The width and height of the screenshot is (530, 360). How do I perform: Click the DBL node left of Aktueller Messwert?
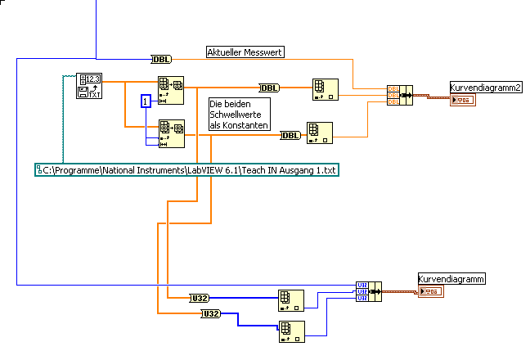(x=160, y=59)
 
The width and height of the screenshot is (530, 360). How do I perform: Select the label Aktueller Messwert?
(x=245, y=52)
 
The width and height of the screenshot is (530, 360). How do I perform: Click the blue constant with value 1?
(x=146, y=101)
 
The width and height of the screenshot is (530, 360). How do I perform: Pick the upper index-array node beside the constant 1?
(x=171, y=90)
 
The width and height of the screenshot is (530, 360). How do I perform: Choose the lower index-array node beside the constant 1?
(x=171, y=133)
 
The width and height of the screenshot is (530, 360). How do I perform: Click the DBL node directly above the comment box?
(x=268, y=88)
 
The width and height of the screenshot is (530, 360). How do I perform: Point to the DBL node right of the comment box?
(x=290, y=135)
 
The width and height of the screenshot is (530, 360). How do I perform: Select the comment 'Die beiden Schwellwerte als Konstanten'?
(x=238, y=115)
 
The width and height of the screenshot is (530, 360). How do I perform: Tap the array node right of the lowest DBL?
(x=319, y=133)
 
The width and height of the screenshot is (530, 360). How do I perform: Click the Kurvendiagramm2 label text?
(x=486, y=86)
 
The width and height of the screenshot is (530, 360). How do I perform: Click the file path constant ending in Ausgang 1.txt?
(x=187, y=169)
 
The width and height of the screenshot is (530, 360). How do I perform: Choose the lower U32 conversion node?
(x=210, y=314)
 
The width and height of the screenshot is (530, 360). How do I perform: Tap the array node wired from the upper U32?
(x=290, y=300)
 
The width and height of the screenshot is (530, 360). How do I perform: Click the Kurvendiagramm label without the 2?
(x=451, y=279)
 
